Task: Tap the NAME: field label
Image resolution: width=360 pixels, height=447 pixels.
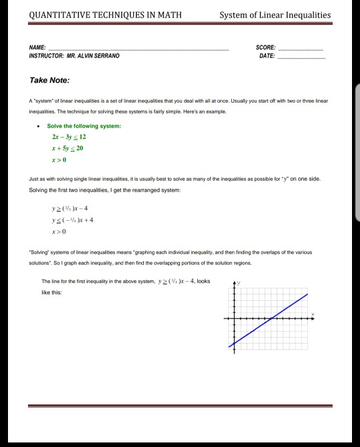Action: [38, 47]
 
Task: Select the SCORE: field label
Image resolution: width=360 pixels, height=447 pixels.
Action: [266, 47]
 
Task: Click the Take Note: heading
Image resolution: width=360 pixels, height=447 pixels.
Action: [49, 80]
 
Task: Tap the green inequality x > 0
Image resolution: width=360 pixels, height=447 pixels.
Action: [63, 159]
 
